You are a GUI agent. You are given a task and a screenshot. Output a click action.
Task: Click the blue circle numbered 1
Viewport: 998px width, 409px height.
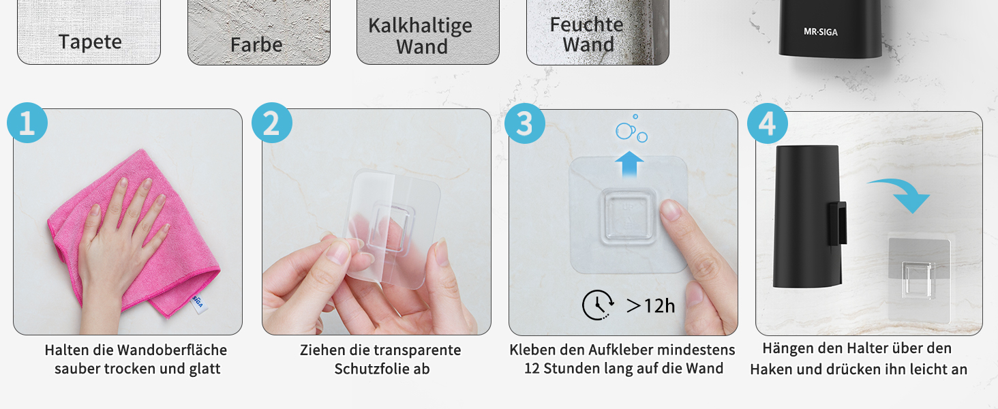pyautogui.click(x=27, y=123)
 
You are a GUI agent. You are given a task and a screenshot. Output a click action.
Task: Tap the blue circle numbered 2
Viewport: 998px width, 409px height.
pyautogui.click(x=272, y=123)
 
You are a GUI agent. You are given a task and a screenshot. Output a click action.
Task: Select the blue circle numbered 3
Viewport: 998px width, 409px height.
pyautogui.click(x=525, y=123)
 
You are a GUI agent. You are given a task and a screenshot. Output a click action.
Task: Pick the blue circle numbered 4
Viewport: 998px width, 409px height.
pyautogui.click(x=767, y=123)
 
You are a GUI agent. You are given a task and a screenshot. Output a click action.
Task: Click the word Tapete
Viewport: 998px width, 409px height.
pyautogui.click(x=90, y=42)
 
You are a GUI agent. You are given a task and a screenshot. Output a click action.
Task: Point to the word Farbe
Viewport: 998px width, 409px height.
pyautogui.click(x=256, y=44)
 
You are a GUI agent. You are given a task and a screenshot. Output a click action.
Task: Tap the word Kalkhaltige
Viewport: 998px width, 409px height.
pyautogui.click(x=420, y=26)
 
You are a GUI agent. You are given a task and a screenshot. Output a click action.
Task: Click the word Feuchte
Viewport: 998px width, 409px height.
pyautogui.click(x=586, y=25)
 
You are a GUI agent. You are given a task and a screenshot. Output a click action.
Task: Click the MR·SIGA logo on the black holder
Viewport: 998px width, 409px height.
pyautogui.click(x=821, y=31)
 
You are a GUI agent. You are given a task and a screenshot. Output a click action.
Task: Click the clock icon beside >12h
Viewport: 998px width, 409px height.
pyautogui.click(x=598, y=305)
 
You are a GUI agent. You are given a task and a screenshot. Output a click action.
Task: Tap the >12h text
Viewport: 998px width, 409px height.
pyautogui.click(x=650, y=305)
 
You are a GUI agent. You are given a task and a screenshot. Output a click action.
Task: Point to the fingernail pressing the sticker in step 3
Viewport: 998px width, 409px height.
pyautogui.click(x=669, y=209)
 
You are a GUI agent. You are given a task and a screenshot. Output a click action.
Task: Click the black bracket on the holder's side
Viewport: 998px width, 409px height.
pyautogui.click(x=837, y=224)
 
